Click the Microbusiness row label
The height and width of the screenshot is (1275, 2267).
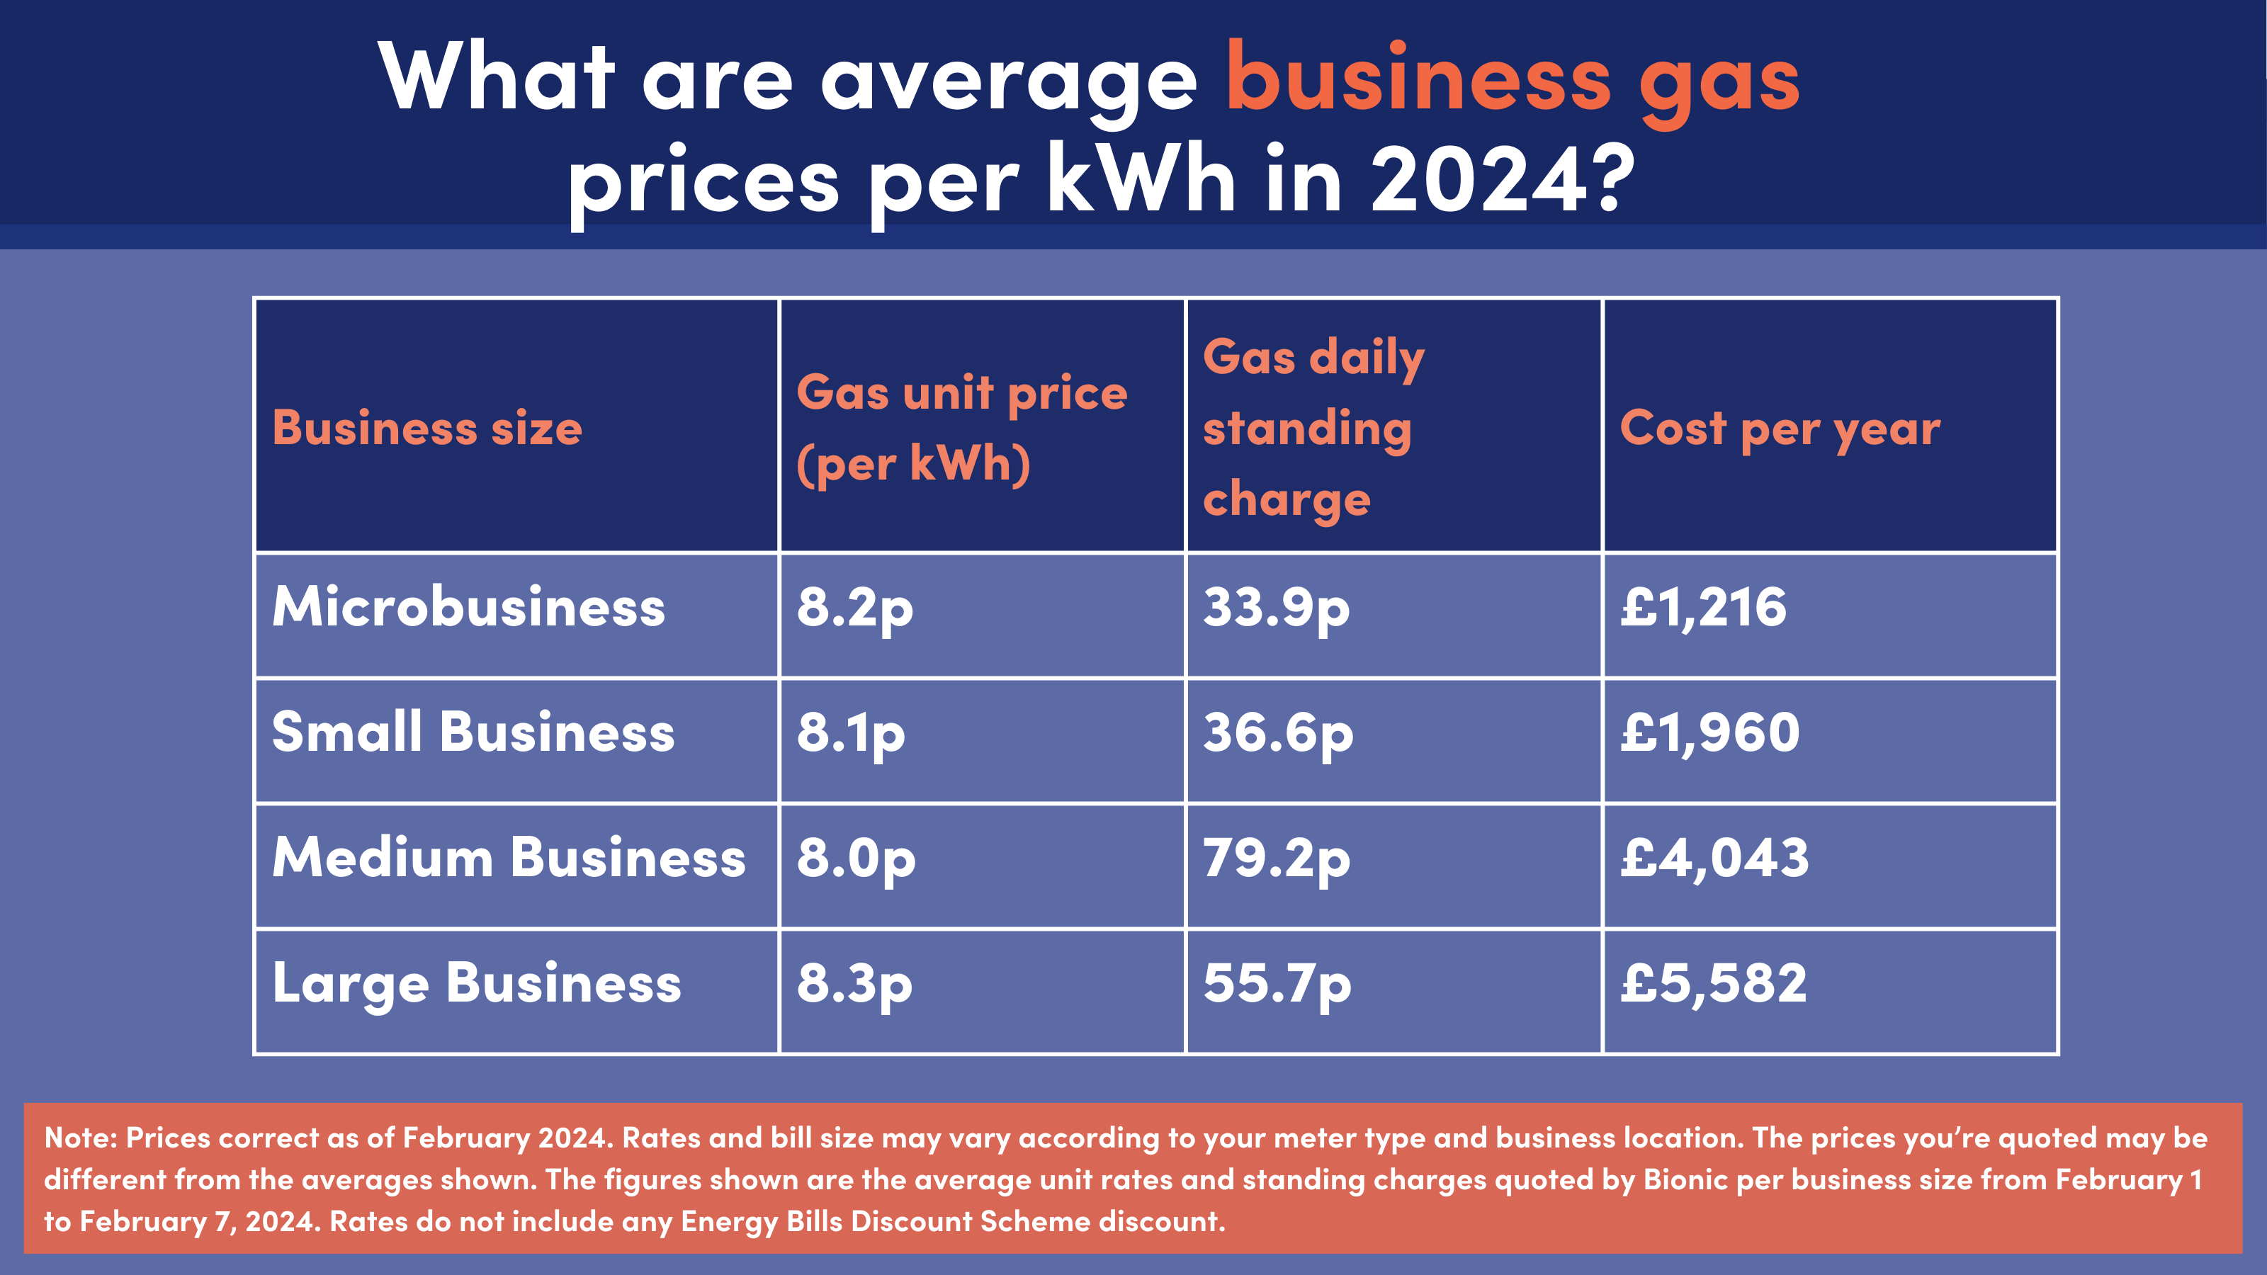pyautogui.click(x=468, y=607)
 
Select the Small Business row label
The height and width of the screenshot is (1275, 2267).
pyautogui.click(x=473, y=732)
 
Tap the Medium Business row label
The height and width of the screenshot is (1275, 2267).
pyautogui.click(x=509, y=857)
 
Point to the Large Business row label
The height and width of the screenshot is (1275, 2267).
pyautogui.click(x=476, y=983)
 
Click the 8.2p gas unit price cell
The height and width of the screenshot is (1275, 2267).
pyautogui.click(x=854, y=608)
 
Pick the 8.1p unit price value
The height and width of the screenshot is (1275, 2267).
pyautogui.click(x=850, y=733)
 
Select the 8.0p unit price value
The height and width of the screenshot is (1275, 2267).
pyautogui.click(x=855, y=858)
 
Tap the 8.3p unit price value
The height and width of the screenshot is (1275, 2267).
pyautogui.click(x=854, y=984)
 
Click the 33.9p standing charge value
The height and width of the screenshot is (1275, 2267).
pyautogui.click(x=1276, y=608)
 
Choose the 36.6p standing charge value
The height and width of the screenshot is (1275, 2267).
pyautogui.click(x=1278, y=733)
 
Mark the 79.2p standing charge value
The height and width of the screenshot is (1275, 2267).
pyautogui.click(x=1276, y=858)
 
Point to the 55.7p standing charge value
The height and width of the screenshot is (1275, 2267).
pyautogui.click(x=1276, y=984)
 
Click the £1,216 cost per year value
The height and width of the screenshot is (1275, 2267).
pyautogui.click(x=1704, y=607)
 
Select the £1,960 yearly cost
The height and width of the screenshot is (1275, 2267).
pyautogui.click(x=1710, y=732)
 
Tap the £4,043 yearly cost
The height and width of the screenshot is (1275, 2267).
pyautogui.click(x=1714, y=858)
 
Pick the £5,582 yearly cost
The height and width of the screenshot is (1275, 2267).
pyautogui.click(x=1714, y=983)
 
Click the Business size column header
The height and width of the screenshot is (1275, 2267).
pyautogui.click(x=426, y=429)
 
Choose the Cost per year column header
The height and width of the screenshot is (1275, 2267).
pyautogui.click(x=1780, y=429)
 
